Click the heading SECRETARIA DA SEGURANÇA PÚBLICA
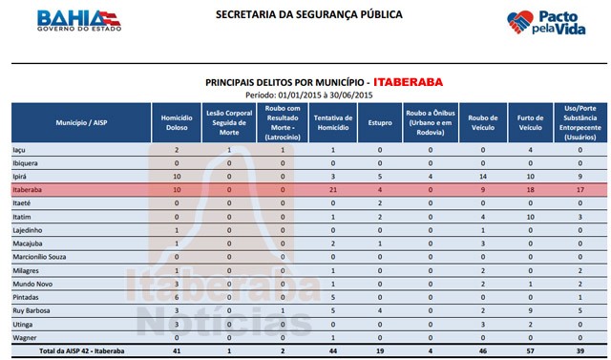click(295, 15)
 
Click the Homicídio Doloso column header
click(177, 124)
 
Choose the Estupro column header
click(380, 124)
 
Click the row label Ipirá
click(20, 178)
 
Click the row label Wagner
click(24, 338)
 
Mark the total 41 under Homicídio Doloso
click(177, 352)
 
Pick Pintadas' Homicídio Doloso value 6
click(177, 298)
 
